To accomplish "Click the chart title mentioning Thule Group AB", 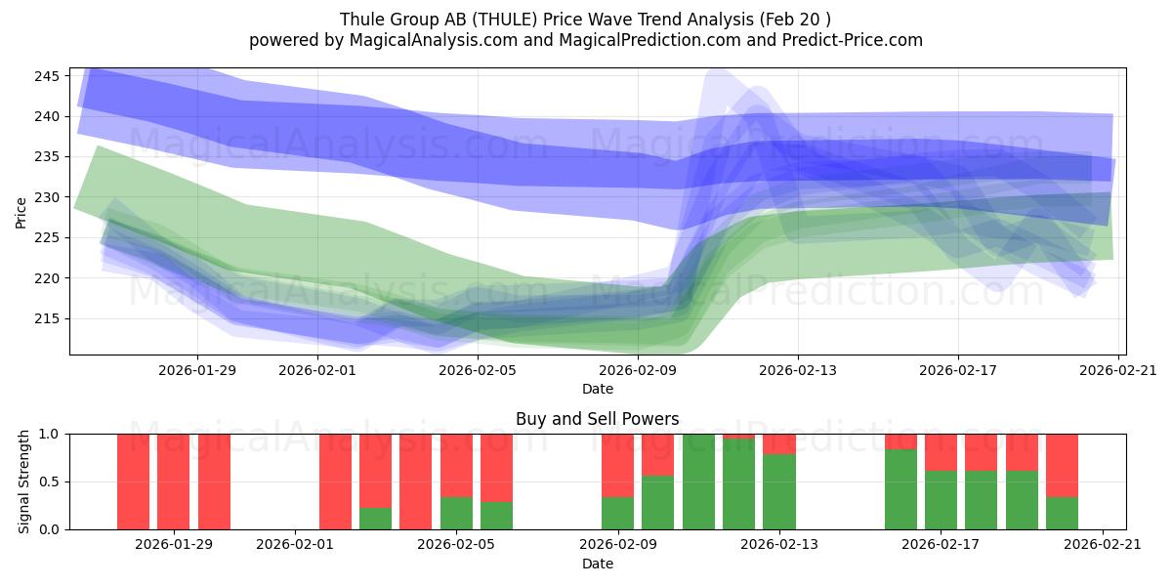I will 585,20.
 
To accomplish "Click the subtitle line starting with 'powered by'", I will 585,40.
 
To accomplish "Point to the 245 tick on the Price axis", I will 48,76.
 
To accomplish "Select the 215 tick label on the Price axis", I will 48,319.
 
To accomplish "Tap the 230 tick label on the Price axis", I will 48,197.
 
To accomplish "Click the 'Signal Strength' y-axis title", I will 25,481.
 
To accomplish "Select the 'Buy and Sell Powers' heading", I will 597,419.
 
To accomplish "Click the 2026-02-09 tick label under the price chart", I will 638,370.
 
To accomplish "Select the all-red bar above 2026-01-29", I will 174,481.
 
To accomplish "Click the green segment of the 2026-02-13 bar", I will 779,491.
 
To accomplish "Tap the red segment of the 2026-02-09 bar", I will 617,465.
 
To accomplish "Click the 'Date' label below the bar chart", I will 597,564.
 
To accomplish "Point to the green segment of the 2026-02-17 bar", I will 941,500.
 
